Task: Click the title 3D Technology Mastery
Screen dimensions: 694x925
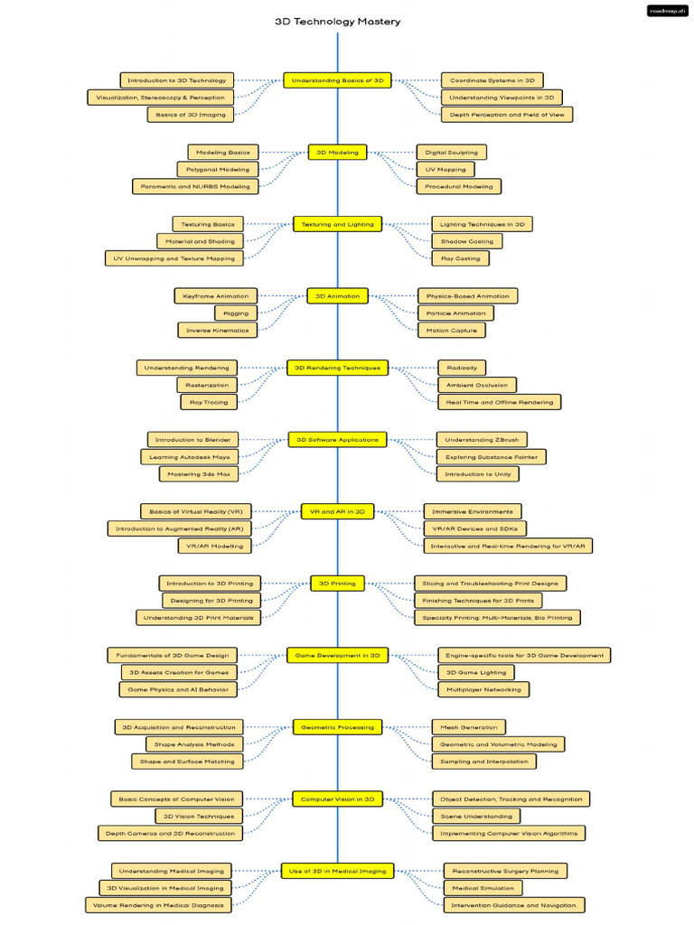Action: [338, 22]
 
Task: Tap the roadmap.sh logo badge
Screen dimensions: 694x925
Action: [668, 11]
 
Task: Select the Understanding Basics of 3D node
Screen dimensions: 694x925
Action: [338, 80]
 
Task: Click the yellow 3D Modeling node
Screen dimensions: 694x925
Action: [338, 152]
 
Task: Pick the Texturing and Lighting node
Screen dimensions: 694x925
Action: [338, 224]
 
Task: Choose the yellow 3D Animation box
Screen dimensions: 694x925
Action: [338, 296]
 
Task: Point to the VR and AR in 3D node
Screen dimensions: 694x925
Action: [338, 511]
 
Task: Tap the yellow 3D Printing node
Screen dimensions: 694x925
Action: [338, 584]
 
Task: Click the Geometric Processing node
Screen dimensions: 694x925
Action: [338, 727]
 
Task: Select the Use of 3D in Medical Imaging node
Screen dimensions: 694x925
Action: [338, 871]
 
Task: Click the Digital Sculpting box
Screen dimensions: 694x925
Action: [452, 152]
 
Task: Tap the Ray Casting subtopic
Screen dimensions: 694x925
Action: [460, 258]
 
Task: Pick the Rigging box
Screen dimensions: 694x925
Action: [236, 313]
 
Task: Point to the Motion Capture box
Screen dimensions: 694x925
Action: [452, 331]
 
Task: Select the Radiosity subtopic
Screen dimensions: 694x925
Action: [462, 368]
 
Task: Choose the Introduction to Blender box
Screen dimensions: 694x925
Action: [193, 440]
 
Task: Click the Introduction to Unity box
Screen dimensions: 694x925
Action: [478, 473]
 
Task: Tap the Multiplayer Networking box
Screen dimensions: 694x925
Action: [484, 689]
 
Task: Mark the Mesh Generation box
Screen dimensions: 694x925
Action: [469, 727]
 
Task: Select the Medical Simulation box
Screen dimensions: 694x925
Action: [483, 888]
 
